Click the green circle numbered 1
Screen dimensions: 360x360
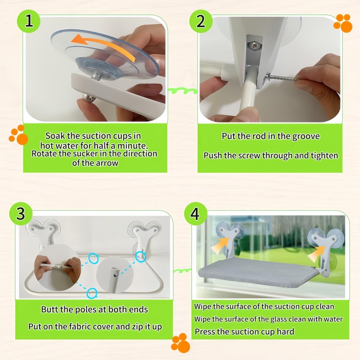29,21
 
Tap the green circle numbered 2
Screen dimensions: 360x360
201,21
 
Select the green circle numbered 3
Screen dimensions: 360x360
21,214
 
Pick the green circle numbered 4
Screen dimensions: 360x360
195,214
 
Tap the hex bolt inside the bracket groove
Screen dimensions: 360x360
255,45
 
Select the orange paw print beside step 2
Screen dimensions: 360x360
343,23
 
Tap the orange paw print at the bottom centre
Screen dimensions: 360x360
181,343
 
